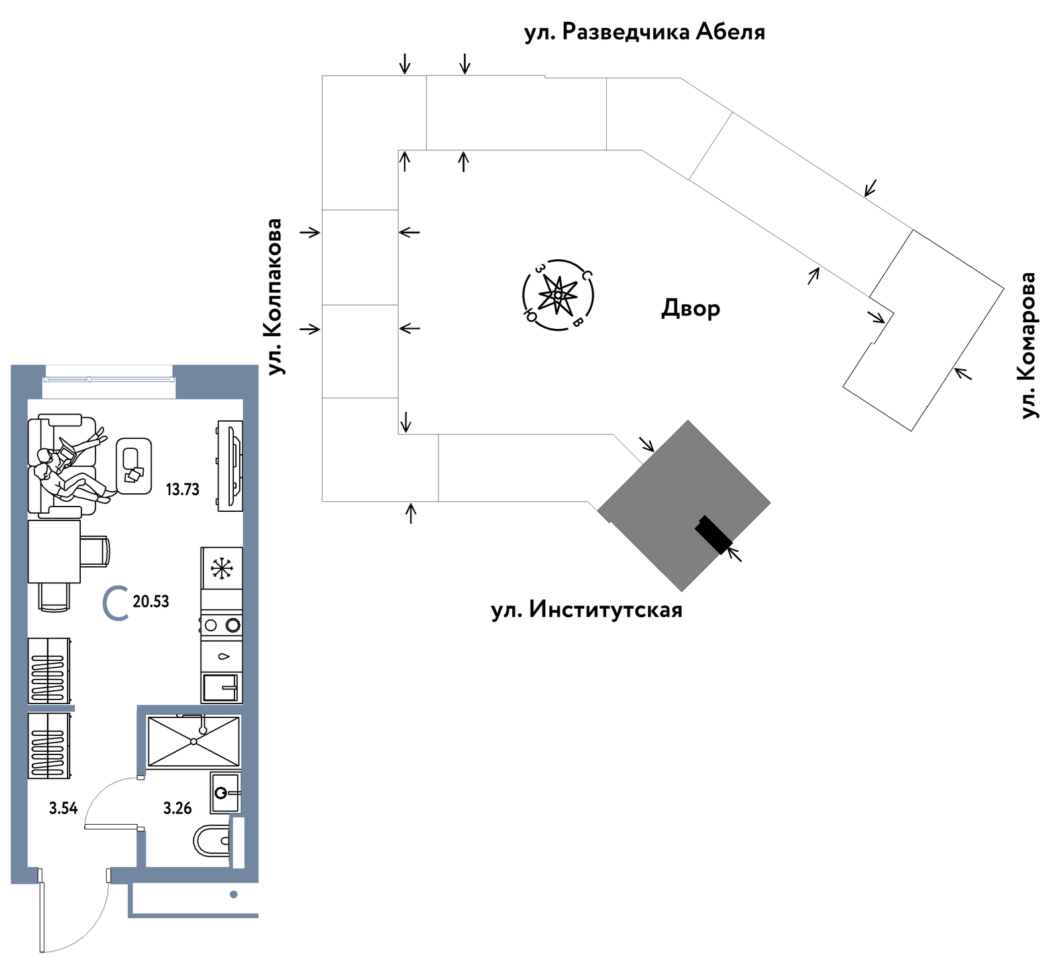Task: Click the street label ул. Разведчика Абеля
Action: pyautogui.click(x=645, y=32)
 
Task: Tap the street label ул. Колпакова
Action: pyautogui.click(x=274, y=297)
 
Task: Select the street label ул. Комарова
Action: pyautogui.click(x=1028, y=345)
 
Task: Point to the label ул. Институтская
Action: pyautogui.click(x=587, y=609)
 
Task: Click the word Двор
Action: pyautogui.click(x=690, y=308)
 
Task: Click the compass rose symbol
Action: pyautogui.click(x=558, y=294)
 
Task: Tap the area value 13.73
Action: pyautogui.click(x=182, y=490)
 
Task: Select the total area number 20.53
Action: pyautogui.click(x=151, y=602)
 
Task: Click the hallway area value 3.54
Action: pyautogui.click(x=64, y=808)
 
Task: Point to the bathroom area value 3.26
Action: pyautogui.click(x=178, y=808)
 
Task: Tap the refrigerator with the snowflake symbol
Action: pyautogui.click(x=222, y=568)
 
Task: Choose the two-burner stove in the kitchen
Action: pyautogui.click(x=221, y=624)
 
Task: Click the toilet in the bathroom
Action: pyautogui.click(x=211, y=842)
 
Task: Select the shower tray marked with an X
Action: pyautogui.click(x=193, y=741)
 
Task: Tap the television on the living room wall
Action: pyautogui.click(x=231, y=465)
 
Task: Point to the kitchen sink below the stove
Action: pyautogui.click(x=221, y=688)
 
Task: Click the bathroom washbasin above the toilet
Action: pyautogui.click(x=225, y=792)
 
